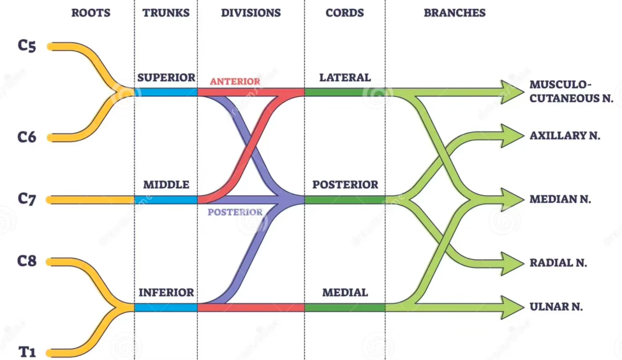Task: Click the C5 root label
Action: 27,47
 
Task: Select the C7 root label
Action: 27,199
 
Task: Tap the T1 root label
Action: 27,352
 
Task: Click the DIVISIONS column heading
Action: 251,13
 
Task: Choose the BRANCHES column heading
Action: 454,13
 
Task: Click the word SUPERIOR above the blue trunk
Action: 166,78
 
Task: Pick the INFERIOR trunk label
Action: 166,293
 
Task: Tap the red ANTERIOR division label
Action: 235,82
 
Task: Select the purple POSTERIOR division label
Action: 235,212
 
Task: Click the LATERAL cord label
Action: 344,78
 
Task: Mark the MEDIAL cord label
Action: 344,293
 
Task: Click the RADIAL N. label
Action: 558,263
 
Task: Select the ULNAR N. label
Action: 556,307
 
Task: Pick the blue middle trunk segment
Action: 166,200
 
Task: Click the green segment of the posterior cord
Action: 344,200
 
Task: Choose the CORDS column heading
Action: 344,13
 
